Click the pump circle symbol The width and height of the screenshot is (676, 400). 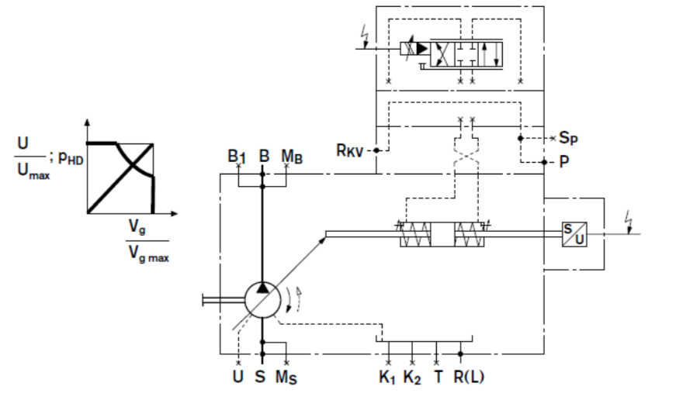coord(262,300)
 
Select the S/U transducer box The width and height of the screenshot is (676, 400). coord(574,234)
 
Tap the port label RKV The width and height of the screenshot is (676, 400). coord(349,150)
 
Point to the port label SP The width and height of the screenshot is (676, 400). coord(568,138)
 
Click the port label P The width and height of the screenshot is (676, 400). coord(564,162)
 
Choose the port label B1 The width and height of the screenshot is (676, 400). coord(236,156)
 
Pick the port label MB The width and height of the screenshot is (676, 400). coord(292,157)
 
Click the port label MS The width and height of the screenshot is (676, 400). coord(286,378)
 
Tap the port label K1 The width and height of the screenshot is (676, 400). coord(387,378)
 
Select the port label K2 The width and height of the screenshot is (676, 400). coord(412,378)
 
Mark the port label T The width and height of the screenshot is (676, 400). coord(438,377)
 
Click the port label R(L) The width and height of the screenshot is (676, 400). coord(469,377)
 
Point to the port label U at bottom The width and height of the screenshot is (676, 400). coord(238,376)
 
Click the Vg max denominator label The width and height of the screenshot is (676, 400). coord(149,253)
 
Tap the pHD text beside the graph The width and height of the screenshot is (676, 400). coord(71,158)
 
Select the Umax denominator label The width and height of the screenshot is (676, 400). coord(33,171)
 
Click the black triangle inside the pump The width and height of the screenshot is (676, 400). coord(262,288)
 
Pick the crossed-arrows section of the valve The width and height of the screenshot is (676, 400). coord(442,53)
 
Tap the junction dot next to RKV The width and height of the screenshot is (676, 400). coord(376,150)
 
